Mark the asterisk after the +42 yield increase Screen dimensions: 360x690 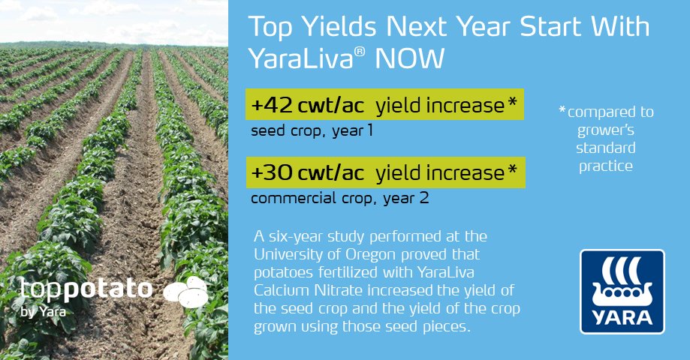(512, 105)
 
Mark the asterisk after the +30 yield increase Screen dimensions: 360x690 (512, 172)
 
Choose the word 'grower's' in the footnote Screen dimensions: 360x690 (607, 130)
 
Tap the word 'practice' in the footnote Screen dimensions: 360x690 (607, 166)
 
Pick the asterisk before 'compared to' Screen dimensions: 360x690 (562, 111)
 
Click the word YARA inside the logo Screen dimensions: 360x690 (622, 316)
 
